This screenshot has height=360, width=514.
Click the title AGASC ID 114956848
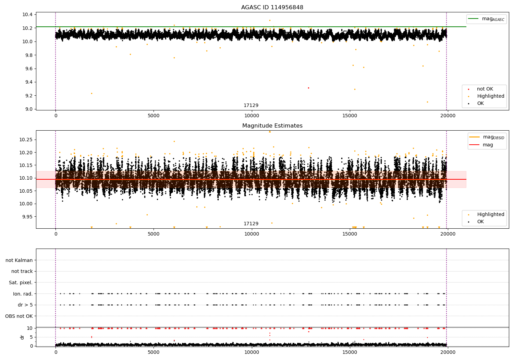[272, 8]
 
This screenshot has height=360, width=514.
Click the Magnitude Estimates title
[272, 126]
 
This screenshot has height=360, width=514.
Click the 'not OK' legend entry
[485, 89]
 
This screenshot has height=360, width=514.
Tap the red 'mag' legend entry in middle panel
[488, 145]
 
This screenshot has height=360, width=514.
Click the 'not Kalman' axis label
[19, 260]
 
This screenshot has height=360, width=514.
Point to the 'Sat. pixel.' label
[21, 283]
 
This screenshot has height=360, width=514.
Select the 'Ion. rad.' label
[23, 294]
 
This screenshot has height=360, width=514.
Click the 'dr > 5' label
[25, 305]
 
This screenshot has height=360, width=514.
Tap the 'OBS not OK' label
[19, 316]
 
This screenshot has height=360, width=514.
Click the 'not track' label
[22, 271]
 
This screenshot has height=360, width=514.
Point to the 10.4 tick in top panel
[27, 14]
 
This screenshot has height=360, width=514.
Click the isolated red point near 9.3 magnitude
[308, 88]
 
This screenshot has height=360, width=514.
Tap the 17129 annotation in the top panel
[251, 106]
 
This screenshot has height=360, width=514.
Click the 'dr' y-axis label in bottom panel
[22, 337]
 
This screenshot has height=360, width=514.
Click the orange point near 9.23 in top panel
[91, 93]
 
